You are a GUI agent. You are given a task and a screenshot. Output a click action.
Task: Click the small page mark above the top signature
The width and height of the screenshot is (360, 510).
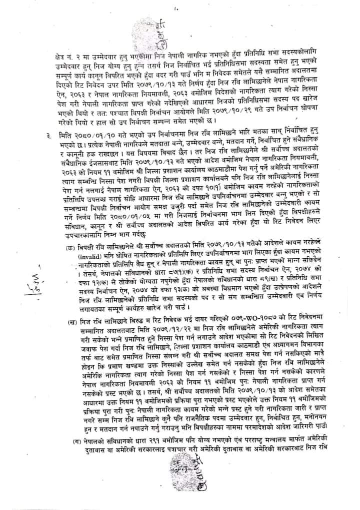point(176,9)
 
